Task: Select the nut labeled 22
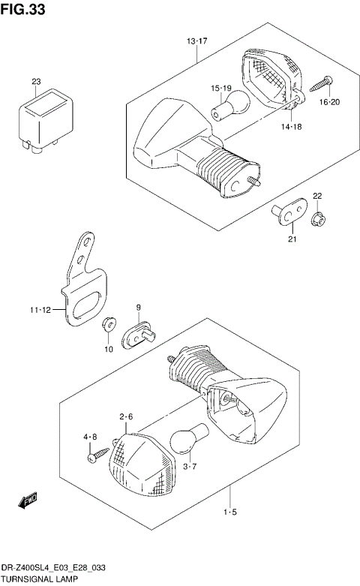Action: [x=317, y=219]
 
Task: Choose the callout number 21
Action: [x=292, y=239]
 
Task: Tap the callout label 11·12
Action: [x=41, y=308]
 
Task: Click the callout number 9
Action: [x=139, y=307]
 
